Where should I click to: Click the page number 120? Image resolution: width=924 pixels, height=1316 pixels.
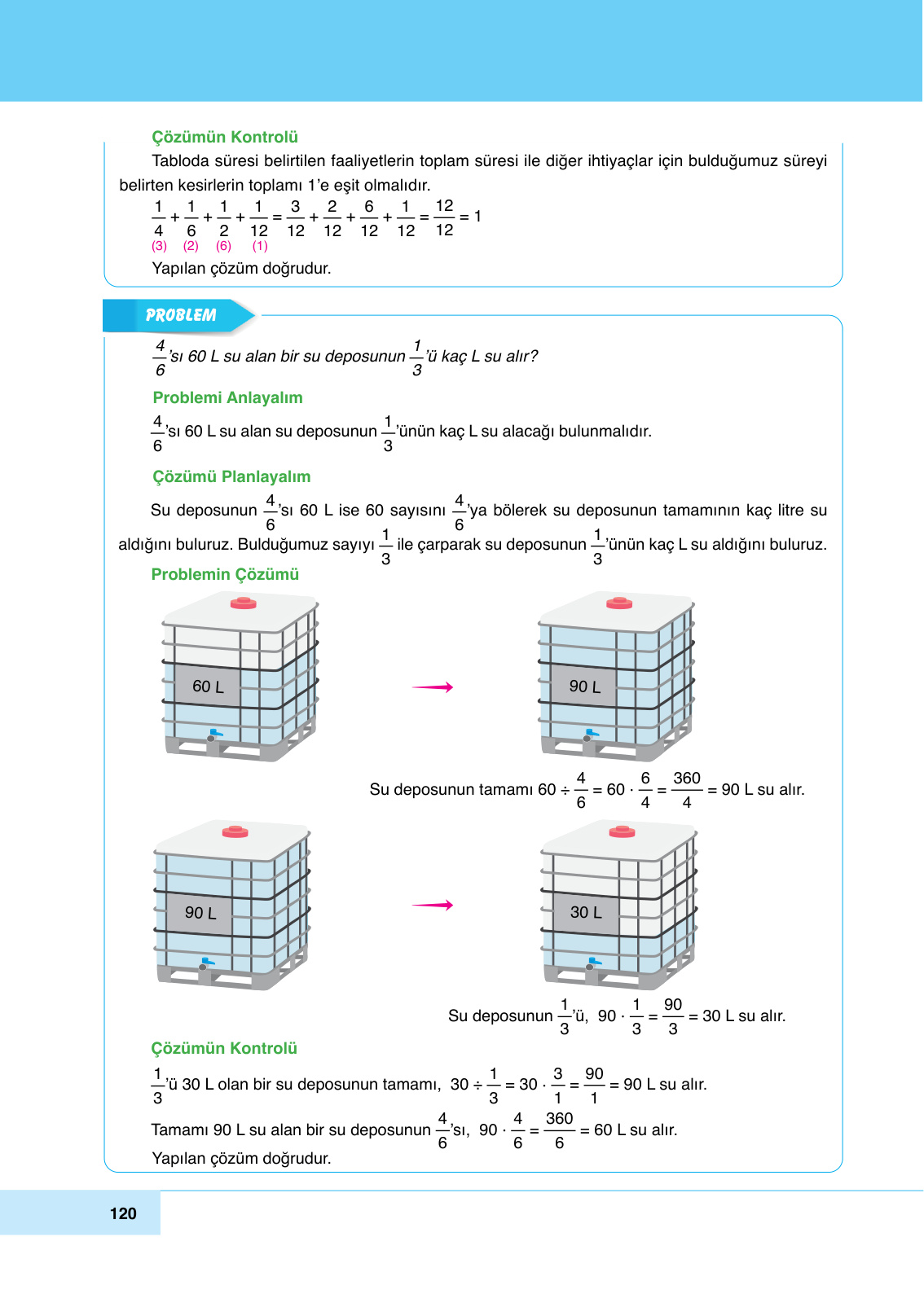123,1213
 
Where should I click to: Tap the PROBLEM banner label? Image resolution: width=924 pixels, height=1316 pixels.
180,315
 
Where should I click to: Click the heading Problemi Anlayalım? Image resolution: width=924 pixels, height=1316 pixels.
227,397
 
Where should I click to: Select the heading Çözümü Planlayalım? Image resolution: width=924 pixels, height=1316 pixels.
231,476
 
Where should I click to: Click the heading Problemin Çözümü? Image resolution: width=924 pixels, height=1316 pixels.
225,574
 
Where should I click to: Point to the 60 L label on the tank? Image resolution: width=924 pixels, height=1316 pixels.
208,687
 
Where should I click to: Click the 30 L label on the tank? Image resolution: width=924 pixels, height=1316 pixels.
586,912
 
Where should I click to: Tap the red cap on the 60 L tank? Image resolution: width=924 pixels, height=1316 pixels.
243,603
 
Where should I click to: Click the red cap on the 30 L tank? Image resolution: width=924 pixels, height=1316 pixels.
622,831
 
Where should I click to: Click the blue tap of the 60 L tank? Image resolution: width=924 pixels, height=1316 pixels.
215,734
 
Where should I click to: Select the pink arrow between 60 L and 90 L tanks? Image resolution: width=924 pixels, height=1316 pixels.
433,687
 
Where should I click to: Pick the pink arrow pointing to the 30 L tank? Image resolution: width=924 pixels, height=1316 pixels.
433,905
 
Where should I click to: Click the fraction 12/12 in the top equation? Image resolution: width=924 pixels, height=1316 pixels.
444,217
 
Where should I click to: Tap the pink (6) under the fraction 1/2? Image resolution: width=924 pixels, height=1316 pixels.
223,246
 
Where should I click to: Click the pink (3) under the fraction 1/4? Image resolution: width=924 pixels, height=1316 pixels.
159,246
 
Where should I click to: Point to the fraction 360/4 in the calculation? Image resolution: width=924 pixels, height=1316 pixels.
687,790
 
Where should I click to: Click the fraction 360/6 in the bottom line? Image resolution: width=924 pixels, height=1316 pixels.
559,1130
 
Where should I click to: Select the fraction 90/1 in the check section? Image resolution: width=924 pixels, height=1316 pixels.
594,1086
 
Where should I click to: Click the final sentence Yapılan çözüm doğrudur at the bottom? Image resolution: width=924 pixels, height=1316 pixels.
241,1158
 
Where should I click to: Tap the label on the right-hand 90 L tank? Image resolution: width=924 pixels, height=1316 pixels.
584,687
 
